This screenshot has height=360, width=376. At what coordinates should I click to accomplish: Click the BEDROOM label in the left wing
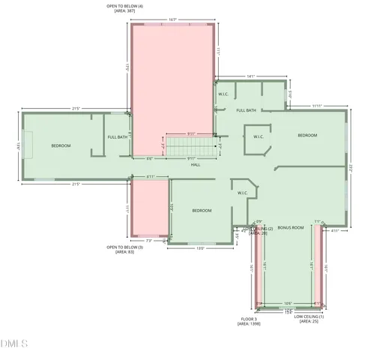[61, 145]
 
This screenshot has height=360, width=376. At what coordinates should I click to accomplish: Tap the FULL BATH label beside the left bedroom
[118, 137]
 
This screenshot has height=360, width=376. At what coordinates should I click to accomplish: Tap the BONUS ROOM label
[290, 226]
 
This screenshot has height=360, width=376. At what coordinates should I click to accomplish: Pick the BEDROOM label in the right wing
[307, 135]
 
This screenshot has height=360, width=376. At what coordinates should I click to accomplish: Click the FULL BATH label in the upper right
[246, 110]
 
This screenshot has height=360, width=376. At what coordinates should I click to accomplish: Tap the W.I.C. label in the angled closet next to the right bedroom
[258, 136]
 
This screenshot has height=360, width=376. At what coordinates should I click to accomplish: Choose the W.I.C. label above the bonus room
[242, 193]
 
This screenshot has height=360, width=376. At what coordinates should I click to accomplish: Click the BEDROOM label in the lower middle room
[202, 211]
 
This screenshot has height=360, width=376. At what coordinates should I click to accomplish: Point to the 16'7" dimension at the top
[172, 19]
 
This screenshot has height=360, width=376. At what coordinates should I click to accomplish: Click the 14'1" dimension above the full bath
[251, 76]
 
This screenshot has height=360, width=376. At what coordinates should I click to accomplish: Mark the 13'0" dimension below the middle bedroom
[201, 248]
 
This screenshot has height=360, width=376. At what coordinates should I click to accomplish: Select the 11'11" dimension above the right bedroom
[318, 106]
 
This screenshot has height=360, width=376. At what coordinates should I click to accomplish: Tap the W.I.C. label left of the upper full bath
[223, 94]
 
